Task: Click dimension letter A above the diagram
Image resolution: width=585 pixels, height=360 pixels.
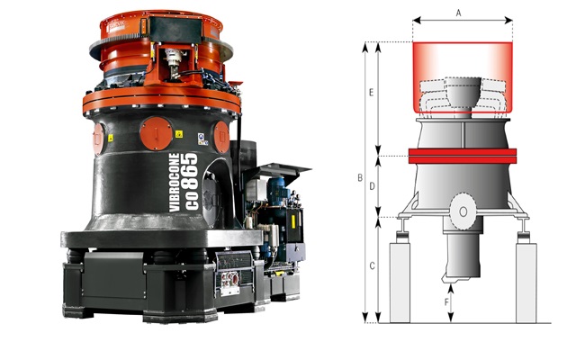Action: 458,13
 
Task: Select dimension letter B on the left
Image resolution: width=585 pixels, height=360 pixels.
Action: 360,177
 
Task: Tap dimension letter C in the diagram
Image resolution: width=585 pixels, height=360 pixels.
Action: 372,266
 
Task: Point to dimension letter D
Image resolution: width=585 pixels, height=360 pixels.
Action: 372,186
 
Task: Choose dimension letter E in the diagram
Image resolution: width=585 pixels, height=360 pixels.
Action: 371,93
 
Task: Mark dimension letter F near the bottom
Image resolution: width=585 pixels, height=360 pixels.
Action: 447,302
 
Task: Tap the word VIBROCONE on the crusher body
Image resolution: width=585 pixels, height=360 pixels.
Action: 175,183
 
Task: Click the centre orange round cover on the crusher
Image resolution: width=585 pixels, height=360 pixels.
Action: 157,133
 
